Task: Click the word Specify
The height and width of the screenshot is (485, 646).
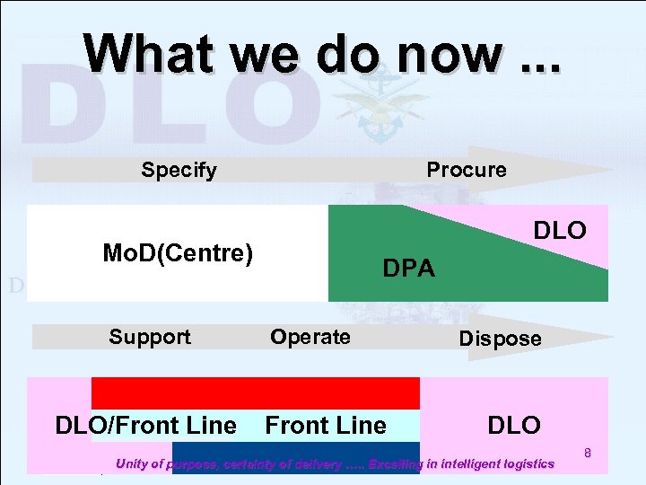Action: coord(179,170)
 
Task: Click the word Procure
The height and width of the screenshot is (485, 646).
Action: coord(466,170)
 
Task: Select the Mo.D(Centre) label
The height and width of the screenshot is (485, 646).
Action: coord(178,253)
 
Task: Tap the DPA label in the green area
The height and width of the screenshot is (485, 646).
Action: coord(408,269)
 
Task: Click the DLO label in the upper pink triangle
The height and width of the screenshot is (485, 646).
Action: coord(560,231)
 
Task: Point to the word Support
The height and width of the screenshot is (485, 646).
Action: coord(150,337)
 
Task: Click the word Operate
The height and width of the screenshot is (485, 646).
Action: coord(310,337)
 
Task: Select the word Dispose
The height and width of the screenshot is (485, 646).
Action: coord(500,339)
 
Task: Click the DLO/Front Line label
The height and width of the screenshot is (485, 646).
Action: coord(145,425)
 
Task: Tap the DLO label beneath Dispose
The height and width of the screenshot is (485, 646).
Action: coord(514,425)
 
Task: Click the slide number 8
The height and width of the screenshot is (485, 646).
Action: coord(588,454)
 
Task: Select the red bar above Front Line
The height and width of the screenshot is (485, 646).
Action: coord(256,393)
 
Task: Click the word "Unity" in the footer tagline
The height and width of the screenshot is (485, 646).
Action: coord(135,464)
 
